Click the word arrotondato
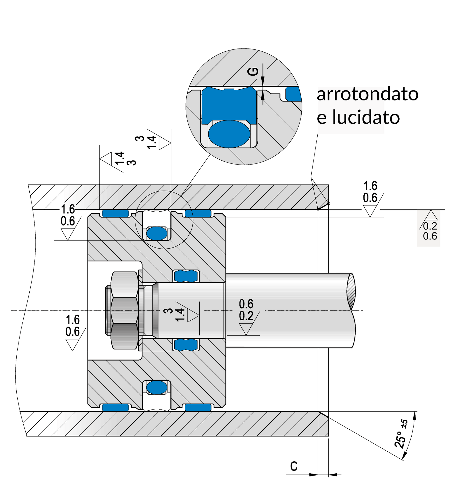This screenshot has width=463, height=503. point(368,94)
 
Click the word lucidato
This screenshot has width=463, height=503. point(366,117)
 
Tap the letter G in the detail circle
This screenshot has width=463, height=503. point(253,72)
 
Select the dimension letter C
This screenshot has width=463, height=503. point(294,466)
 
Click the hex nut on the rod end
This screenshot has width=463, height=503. point(124,311)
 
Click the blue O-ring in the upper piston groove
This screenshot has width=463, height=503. point(157,233)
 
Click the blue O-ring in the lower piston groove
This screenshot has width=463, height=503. point(157,388)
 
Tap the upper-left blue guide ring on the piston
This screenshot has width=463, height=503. point(116,213)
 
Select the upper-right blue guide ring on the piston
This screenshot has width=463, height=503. point(198,213)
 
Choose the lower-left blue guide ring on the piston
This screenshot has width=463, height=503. point(116,408)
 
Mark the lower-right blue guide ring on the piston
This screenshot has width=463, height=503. point(198,408)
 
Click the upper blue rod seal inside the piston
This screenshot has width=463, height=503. point(186,276)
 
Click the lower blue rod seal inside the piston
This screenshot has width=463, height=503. point(186,345)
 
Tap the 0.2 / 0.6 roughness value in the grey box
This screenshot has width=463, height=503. point(430,231)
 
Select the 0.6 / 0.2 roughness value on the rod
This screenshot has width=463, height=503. point(246,310)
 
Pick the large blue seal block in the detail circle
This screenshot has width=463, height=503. point(229,105)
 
